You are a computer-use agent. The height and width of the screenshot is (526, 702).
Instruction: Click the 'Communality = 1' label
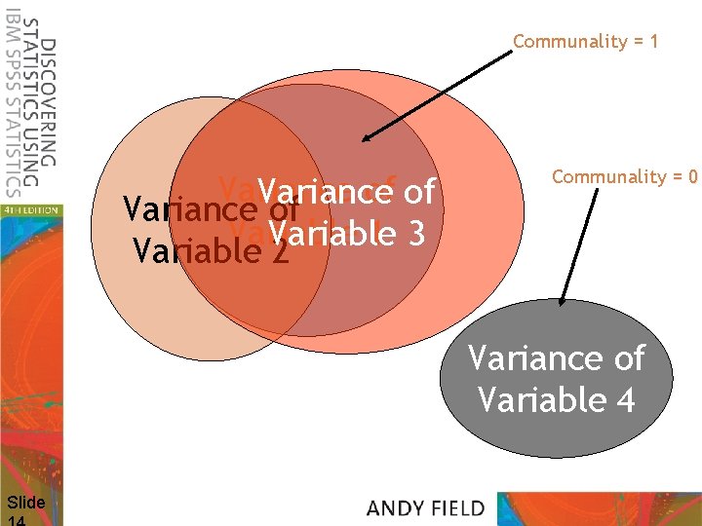(585, 41)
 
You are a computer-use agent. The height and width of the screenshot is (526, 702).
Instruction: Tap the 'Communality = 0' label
(624, 176)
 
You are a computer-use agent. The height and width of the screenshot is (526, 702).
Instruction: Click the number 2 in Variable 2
(281, 251)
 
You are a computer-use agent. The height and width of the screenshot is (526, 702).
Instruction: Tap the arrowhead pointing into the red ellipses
(364, 140)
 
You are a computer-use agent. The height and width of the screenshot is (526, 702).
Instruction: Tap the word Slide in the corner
(25, 503)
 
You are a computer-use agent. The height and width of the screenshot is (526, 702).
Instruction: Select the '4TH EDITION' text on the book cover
(29, 209)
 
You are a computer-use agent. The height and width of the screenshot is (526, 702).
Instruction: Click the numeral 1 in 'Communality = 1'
(653, 41)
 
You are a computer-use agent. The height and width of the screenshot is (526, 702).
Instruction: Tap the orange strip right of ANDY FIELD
(600, 508)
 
